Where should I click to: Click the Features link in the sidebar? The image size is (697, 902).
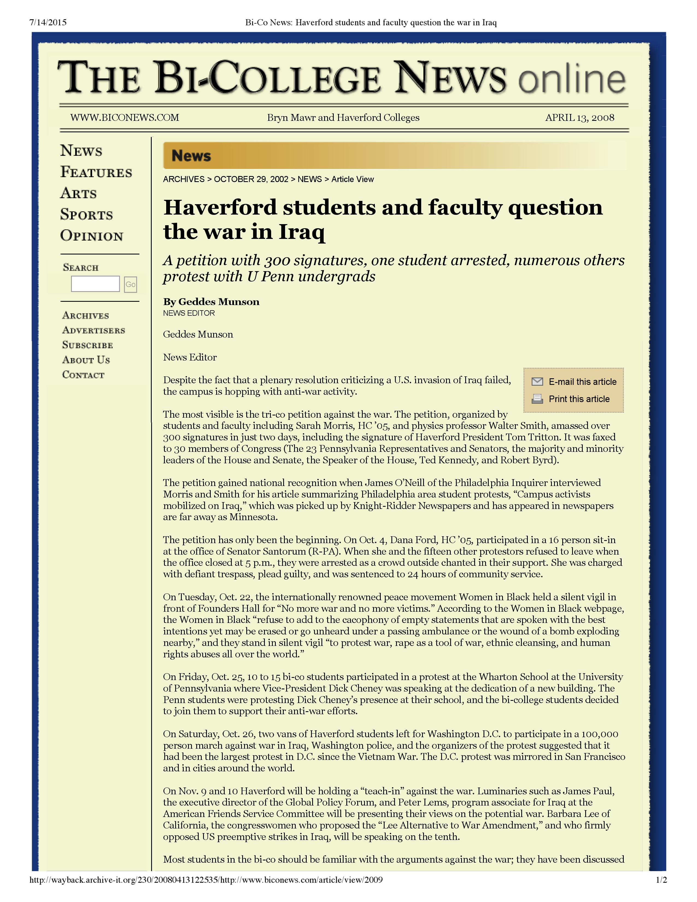click(x=96, y=172)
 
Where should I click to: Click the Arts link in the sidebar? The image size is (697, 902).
click(x=78, y=193)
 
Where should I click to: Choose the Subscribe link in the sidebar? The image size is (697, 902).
click(x=87, y=345)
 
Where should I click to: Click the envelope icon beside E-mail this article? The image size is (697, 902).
click(x=537, y=381)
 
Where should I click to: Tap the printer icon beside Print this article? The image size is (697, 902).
click(x=537, y=399)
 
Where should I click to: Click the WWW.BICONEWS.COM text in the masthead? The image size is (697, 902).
click(x=125, y=118)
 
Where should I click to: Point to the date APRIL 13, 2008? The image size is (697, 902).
click(x=579, y=118)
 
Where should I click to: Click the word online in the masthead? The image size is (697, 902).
click(x=572, y=78)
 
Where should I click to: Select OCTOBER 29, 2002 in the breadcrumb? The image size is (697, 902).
click(x=251, y=179)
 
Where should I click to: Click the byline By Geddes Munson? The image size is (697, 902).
click(x=211, y=302)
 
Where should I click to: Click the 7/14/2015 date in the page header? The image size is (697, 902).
click(x=48, y=22)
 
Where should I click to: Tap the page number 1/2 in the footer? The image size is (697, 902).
click(x=661, y=891)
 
